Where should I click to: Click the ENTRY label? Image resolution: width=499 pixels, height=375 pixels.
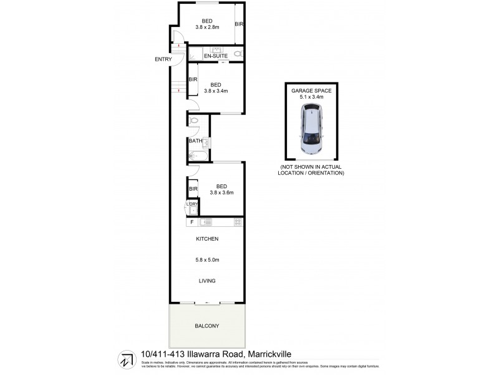pyautogui.click(x=163, y=59)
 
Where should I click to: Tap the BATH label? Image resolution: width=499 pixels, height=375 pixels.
pyautogui.click(x=195, y=141)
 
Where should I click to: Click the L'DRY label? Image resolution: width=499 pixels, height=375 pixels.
pyautogui.click(x=191, y=204)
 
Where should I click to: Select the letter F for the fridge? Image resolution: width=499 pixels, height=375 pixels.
pyautogui.click(x=191, y=222)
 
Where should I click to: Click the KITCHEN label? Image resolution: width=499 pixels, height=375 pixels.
pyautogui.click(x=207, y=239)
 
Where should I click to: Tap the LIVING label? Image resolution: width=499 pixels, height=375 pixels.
pyautogui.click(x=207, y=281)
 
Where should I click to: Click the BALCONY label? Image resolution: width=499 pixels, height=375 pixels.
pyautogui.click(x=206, y=326)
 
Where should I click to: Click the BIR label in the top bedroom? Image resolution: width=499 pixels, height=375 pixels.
pyautogui.click(x=238, y=24)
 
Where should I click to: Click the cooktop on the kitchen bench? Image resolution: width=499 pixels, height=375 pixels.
pyautogui.click(x=238, y=222)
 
